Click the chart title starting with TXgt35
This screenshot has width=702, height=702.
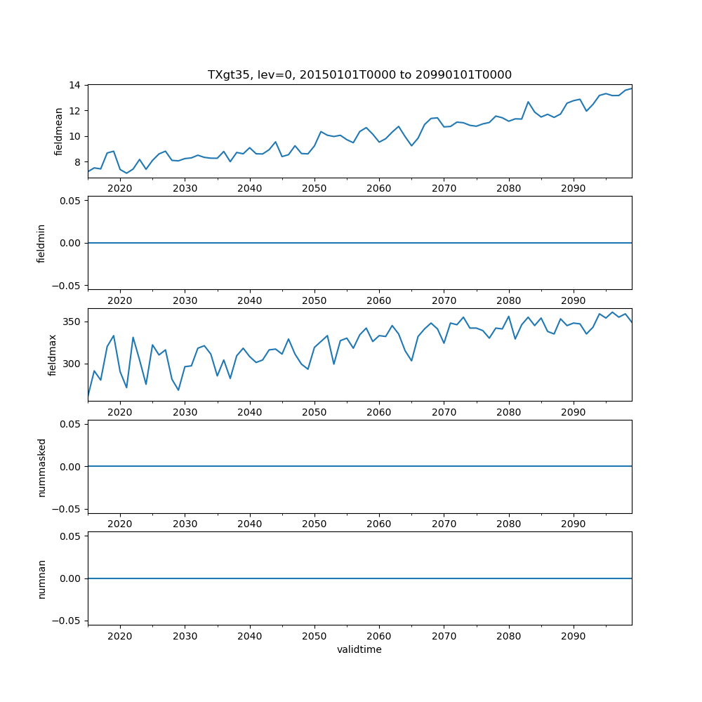(x=359, y=74)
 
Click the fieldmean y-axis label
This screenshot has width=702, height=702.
(x=59, y=131)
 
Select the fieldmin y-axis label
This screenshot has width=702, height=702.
(x=41, y=243)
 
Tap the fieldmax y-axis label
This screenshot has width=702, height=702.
(x=53, y=355)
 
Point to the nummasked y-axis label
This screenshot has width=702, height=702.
(x=41, y=466)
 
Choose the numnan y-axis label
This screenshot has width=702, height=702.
(x=41, y=578)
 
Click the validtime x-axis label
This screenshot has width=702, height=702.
(x=359, y=649)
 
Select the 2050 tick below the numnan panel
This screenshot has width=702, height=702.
(x=314, y=635)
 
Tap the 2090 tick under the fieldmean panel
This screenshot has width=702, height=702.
(x=574, y=188)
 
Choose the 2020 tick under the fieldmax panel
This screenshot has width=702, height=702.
(x=120, y=411)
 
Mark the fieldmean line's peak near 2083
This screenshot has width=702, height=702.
(x=528, y=102)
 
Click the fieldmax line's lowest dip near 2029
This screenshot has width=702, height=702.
(x=178, y=390)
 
